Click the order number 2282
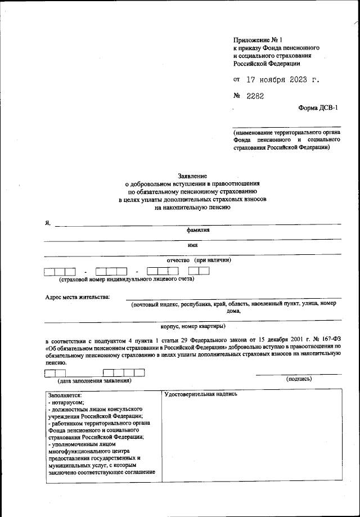[x=255, y=96]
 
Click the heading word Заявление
[x=192, y=176]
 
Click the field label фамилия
[x=199, y=230]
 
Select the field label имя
[x=192, y=245]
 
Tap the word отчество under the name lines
[x=179, y=260]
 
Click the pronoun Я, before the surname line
[x=48, y=223]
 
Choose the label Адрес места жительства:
[x=78, y=297]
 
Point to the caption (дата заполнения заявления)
[x=94, y=380]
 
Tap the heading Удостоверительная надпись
[x=201, y=393]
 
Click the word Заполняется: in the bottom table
[x=65, y=395]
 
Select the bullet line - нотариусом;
[x=67, y=402]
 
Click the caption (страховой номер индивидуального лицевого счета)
[x=126, y=278]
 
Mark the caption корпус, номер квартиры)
[x=193, y=326]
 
